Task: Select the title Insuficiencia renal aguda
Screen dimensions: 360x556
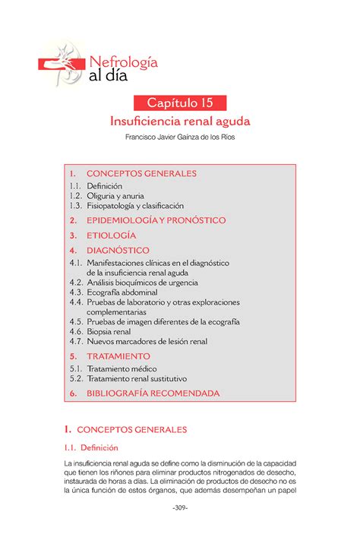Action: [180, 122]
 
